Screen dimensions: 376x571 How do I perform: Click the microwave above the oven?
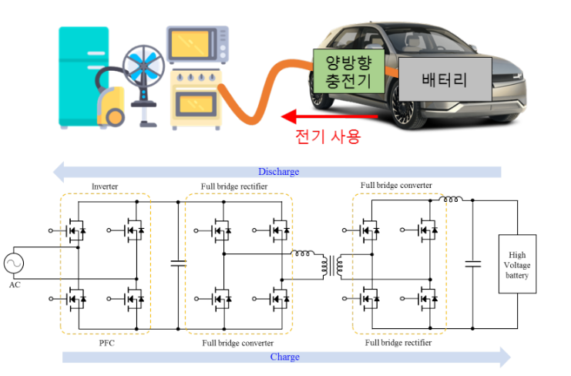pyautogui.click(x=197, y=45)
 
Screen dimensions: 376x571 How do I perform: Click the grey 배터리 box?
pyautogui.click(x=445, y=79)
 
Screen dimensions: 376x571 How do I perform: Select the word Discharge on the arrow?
pyautogui.click(x=278, y=172)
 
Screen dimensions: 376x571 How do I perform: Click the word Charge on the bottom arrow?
pyautogui.click(x=284, y=357)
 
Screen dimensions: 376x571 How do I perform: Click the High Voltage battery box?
pyautogui.click(x=518, y=264)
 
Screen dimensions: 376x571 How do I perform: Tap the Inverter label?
pyautogui.click(x=105, y=186)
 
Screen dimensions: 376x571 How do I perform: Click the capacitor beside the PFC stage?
pyautogui.click(x=178, y=264)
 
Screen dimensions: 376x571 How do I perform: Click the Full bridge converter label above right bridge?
pyautogui.click(x=396, y=186)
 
